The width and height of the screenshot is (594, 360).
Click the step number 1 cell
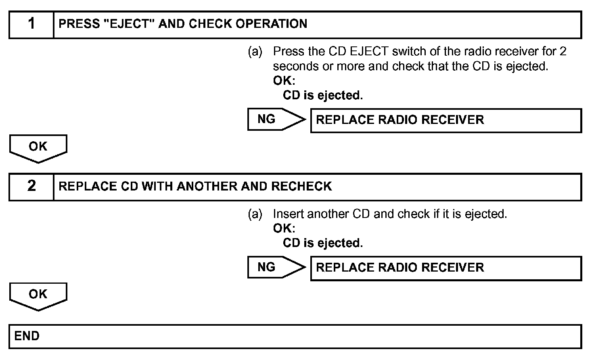[31, 24]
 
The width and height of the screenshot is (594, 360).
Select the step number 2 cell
[31, 186]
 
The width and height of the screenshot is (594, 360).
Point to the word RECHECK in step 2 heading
[301, 186]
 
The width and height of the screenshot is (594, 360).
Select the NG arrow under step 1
[276, 119]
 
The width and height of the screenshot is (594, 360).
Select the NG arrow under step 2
[276, 267]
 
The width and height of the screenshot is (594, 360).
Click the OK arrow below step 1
[38, 148]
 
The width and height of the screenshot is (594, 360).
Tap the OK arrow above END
[38, 295]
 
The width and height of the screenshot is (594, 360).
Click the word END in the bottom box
[27, 336]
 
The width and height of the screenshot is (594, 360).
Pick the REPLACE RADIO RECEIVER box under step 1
[445, 120]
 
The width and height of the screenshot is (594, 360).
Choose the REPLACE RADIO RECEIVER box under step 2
[445, 268]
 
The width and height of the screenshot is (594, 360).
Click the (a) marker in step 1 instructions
[255, 52]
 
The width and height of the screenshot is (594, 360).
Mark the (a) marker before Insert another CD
[255, 214]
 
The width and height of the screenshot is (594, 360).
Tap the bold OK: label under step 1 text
[284, 81]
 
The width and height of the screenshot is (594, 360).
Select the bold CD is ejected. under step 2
[323, 243]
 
